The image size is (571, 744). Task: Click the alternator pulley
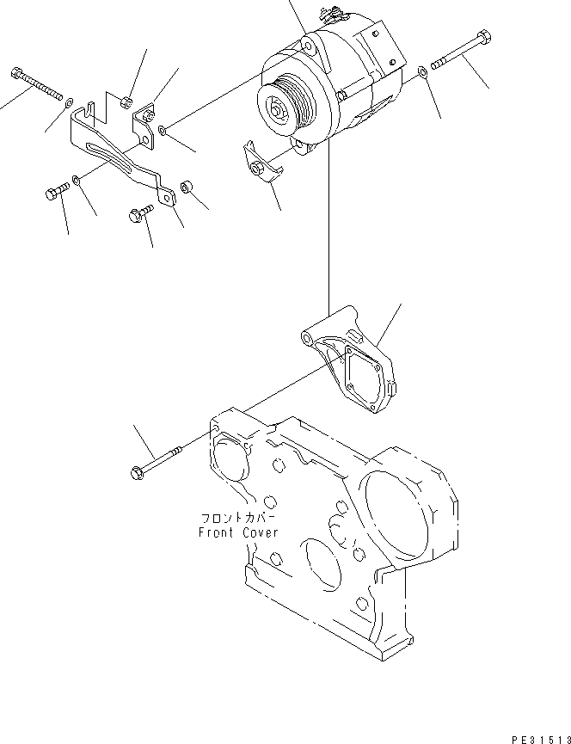click(x=279, y=109)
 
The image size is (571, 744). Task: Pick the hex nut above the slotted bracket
click(x=126, y=101)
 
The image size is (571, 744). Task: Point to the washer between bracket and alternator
click(x=163, y=131)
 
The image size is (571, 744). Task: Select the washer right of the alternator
click(x=420, y=73)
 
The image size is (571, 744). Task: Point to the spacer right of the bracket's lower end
click(x=185, y=186)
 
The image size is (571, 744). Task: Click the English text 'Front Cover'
click(x=238, y=532)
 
